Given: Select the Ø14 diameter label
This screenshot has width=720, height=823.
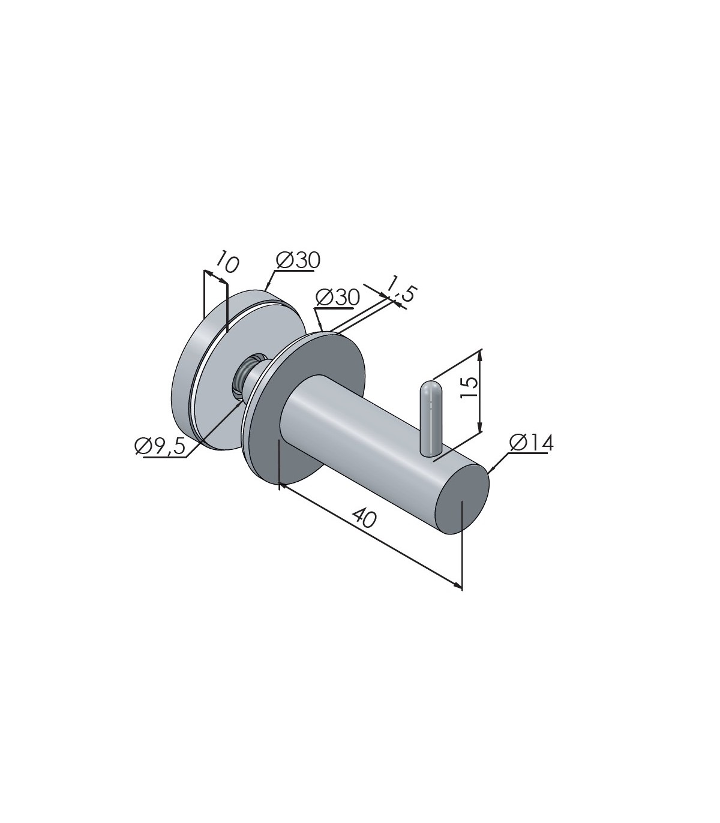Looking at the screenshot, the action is (x=532, y=443).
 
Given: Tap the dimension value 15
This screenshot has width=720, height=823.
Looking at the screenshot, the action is (x=469, y=388).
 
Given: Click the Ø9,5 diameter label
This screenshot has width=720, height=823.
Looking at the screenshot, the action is (x=160, y=446).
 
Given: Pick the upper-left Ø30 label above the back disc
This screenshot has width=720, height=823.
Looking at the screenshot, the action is (x=298, y=261).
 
